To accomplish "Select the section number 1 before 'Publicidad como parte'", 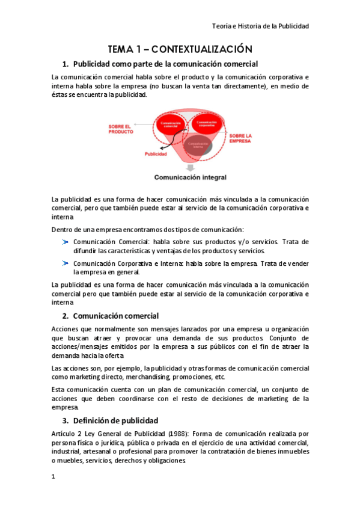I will click(66, 64).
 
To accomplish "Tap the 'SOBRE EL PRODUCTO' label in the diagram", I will click(121, 129).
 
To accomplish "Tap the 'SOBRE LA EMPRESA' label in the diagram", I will click(240, 139).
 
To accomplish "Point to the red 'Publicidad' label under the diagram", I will click(156, 154).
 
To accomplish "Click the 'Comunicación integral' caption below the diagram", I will click(190, 177).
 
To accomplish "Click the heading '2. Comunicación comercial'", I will click(111, 315).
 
